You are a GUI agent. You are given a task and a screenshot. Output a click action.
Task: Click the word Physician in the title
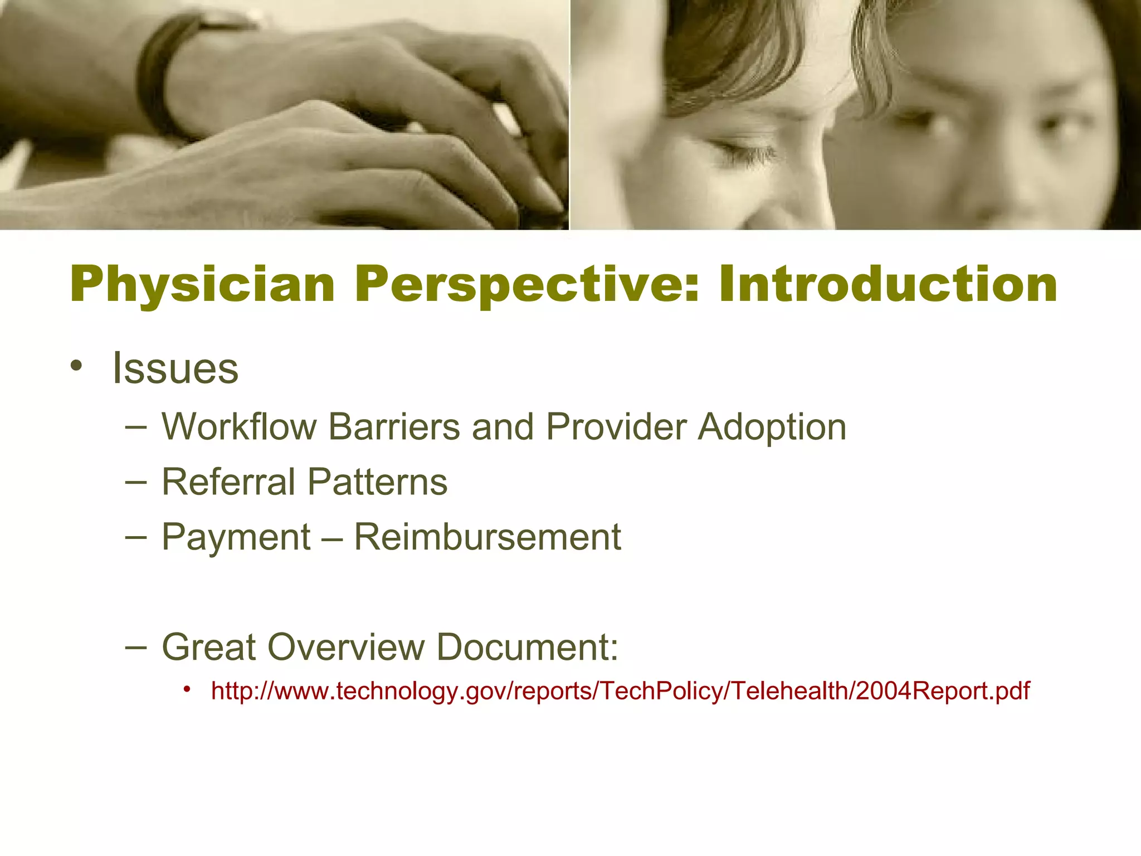(203, 285)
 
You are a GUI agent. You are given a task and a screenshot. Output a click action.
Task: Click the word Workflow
(239, 427)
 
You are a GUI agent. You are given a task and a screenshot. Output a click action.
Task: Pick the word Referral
(228, 481)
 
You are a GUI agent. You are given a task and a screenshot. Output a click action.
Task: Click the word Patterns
(377, 481)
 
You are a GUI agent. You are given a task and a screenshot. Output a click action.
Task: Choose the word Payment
(236, 537)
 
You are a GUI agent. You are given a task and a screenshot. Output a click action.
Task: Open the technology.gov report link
(620, 691)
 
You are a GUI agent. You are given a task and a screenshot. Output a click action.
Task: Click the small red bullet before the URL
(188, 689)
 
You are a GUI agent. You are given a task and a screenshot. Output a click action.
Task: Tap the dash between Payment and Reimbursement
(332, 537)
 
